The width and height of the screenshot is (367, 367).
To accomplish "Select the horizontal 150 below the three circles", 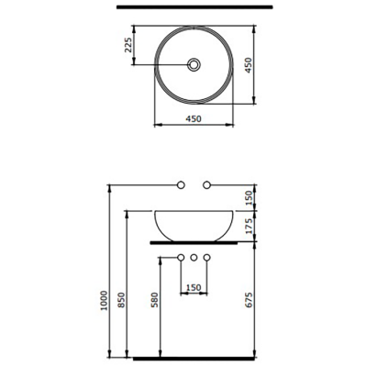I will pyautogui.click(x=194, y=287).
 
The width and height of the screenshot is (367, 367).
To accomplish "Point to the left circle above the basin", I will pyautogui.click(x=182, y=187).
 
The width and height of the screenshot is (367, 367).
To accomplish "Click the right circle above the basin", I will pyautogui.click(x=207, y=187).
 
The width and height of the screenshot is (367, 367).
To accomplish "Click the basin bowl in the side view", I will pyautogui.click(x=194, y=222).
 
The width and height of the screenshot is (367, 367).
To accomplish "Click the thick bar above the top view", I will pyautogui.click(x=194, y=8).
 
